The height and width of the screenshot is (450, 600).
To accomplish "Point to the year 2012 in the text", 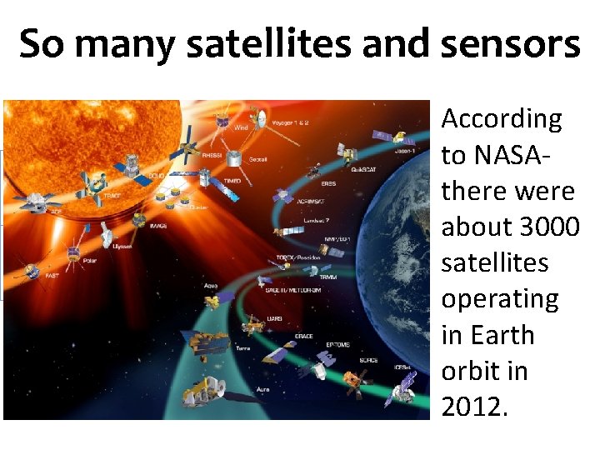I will [472, 407].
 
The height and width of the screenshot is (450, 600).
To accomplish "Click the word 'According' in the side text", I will [502, 119].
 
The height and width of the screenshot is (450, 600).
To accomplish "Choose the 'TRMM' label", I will [327, 277].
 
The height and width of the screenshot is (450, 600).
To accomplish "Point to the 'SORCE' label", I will [368, 361].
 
